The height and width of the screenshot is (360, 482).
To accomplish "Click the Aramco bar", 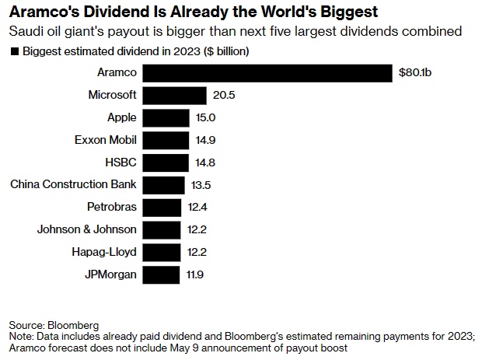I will (267, 72).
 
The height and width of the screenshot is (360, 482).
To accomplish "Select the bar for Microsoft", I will (175, 95).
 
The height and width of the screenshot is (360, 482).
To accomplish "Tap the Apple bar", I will (166, 117).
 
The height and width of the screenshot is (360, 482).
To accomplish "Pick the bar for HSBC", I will (166, 162).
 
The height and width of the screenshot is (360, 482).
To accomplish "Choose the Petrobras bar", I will (162, 207).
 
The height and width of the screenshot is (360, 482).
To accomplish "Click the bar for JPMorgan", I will (161, 274).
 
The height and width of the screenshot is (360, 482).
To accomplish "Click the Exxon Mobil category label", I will (105, 140).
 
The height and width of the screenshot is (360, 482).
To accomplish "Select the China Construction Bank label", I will (73, 184).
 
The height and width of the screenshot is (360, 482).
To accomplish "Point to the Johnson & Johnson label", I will (87, 229).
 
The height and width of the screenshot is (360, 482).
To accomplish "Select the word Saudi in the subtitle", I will (25, 33).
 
